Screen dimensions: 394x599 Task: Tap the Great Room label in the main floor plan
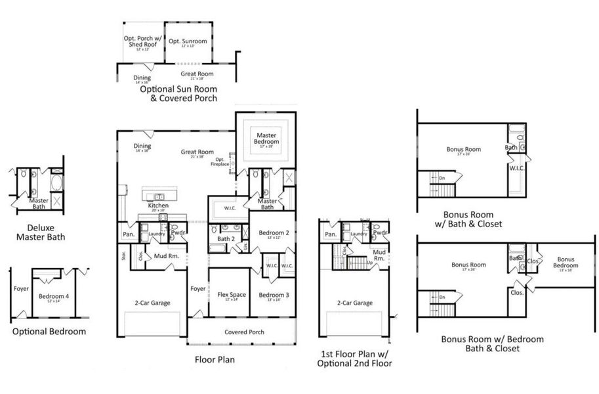click(197, 152)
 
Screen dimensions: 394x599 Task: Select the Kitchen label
click(158, 206)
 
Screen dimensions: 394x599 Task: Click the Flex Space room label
click(230, 295)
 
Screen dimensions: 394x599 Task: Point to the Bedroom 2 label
click(274, 234)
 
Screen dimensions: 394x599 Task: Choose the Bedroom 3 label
click(274, 295)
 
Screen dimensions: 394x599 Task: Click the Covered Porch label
click(244, 332)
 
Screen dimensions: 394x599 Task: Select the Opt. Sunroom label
click(188, 41)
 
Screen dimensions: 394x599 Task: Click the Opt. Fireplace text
click(220, 161)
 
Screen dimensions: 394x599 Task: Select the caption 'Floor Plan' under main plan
click(215, 360)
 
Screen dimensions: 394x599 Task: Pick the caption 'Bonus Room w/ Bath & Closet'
click(468, 219)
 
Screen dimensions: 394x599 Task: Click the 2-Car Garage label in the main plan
click(152, 303)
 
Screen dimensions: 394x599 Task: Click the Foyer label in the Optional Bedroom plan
click(21, 288)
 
